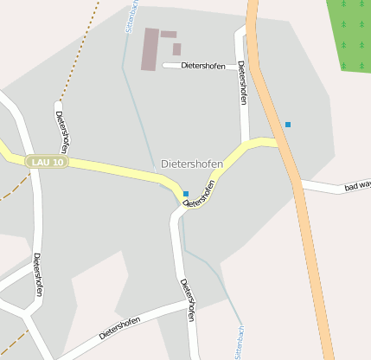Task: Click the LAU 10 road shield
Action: [x=46, y=162]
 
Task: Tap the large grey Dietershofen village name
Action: [x=192, y=164]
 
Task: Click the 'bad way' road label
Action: [x=356, y=185]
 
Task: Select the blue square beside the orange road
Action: [x=288, y=125]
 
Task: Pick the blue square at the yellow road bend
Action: [x=186, y=193]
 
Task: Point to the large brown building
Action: [x=150, y=48]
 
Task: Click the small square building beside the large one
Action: [x=176, y=49]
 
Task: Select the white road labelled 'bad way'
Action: [x=324, y=186]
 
